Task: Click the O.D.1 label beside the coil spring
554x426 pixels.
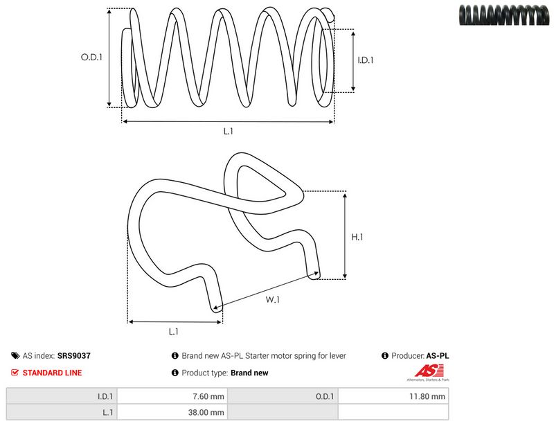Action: [91, 57]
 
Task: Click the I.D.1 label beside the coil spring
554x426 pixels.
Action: [366, 60]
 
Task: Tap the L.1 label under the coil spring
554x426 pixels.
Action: [229, 131]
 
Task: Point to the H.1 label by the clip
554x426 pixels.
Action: [357, 237]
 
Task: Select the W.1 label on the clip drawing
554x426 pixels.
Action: [272, 300]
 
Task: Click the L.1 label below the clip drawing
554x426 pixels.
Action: [174, 332]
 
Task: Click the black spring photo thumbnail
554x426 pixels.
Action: [504, 15]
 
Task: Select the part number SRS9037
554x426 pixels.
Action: [74, 355]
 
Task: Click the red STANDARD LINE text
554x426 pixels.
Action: [53, 373]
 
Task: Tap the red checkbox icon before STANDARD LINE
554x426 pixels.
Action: [15, 372]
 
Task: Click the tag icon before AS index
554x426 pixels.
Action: [15, 355]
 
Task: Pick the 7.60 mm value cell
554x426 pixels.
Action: [172, 396]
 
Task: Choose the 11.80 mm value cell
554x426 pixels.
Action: [393, 396]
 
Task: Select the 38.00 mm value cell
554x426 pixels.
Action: [172, 412]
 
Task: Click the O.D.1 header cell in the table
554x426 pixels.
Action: [283, 396]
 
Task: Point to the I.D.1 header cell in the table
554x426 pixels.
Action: [62, 396]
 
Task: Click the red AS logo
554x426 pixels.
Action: [429, 371]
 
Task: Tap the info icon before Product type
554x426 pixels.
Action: [175, 373]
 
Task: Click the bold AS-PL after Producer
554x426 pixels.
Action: [438, 355]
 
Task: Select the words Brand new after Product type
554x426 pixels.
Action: [249, 373]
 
